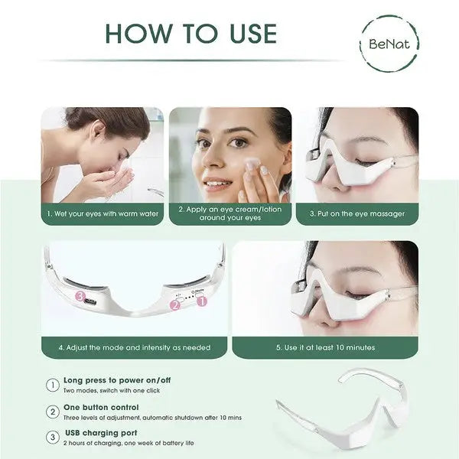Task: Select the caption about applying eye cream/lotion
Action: [x=229, y=213]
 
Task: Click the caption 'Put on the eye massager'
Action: [x=356, y=213]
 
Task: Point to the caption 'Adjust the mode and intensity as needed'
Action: [x=134, y=347]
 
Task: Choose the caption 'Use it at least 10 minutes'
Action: [x=326, y=347]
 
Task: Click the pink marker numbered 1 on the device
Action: [x=203, y=301]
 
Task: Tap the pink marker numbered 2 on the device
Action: [x=174, y=305]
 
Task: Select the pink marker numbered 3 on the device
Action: [x=79, y=295]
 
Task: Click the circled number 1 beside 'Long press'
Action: [x=53, y=385]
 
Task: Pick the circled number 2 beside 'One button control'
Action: [x=53, y=412]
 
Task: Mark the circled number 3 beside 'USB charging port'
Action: [x=53, y=438]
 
